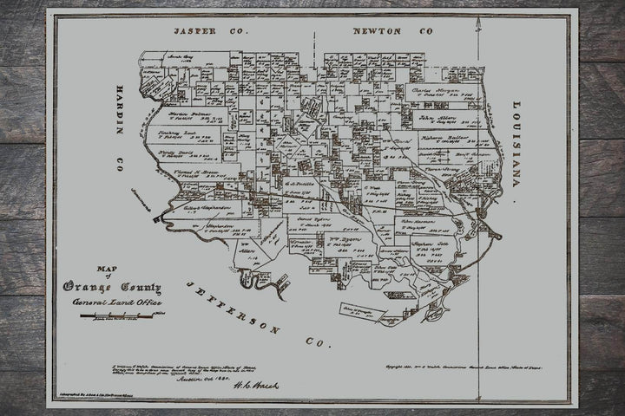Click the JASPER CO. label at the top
click(210, 30)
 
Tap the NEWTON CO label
click(391, 30)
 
